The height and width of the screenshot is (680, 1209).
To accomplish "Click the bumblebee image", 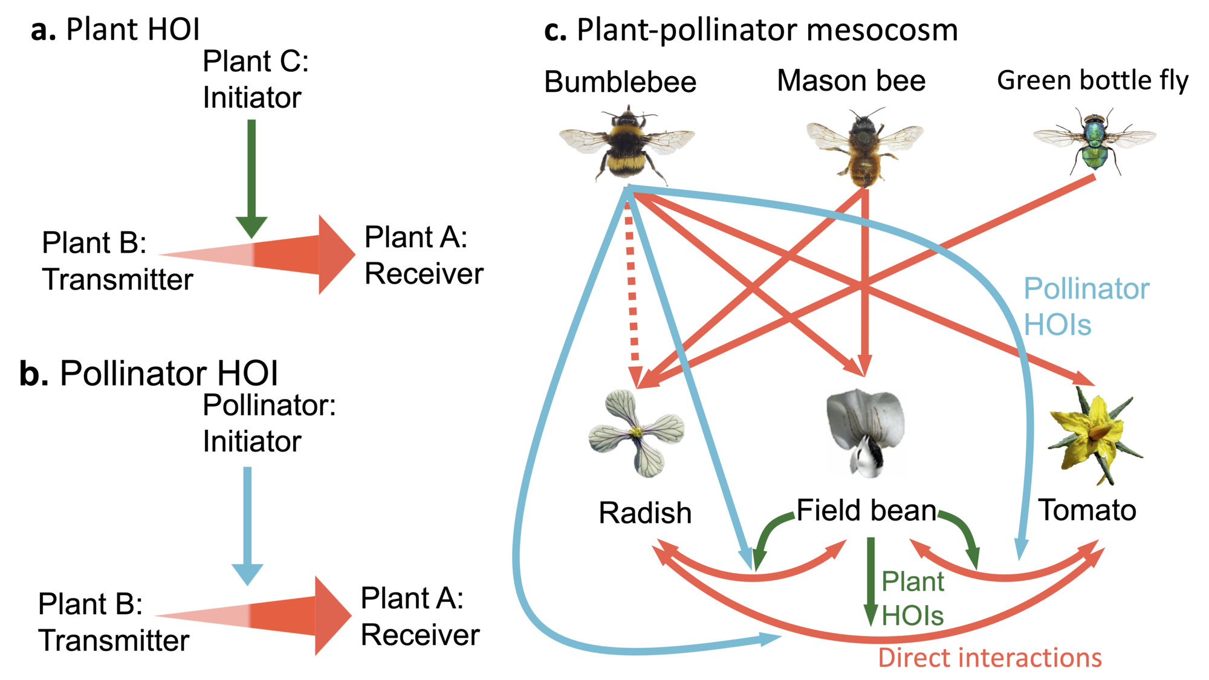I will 627,144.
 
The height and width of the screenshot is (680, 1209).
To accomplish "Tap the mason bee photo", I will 864,147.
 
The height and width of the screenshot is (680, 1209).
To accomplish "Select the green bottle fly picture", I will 1095,140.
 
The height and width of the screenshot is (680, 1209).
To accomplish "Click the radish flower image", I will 637,432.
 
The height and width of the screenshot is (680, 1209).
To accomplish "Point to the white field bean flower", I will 866,430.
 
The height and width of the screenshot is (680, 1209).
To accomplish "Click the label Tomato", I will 1087,510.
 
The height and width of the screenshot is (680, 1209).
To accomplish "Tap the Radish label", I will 645,513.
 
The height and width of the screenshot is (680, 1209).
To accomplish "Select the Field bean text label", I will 866,511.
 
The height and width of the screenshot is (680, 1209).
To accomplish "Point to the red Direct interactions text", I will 990,658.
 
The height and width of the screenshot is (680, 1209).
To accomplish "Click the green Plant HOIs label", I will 912,598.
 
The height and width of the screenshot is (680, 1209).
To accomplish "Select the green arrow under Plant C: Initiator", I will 251,175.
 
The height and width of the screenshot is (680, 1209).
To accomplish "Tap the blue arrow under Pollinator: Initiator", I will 247,523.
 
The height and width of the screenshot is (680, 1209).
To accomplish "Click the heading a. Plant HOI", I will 115,30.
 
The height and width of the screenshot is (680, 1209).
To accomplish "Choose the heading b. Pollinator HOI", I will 148,374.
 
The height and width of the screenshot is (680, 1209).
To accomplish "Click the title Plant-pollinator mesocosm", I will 751,30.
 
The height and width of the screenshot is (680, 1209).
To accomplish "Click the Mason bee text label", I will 851,81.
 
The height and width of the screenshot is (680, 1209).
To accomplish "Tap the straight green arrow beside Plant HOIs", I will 870,580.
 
